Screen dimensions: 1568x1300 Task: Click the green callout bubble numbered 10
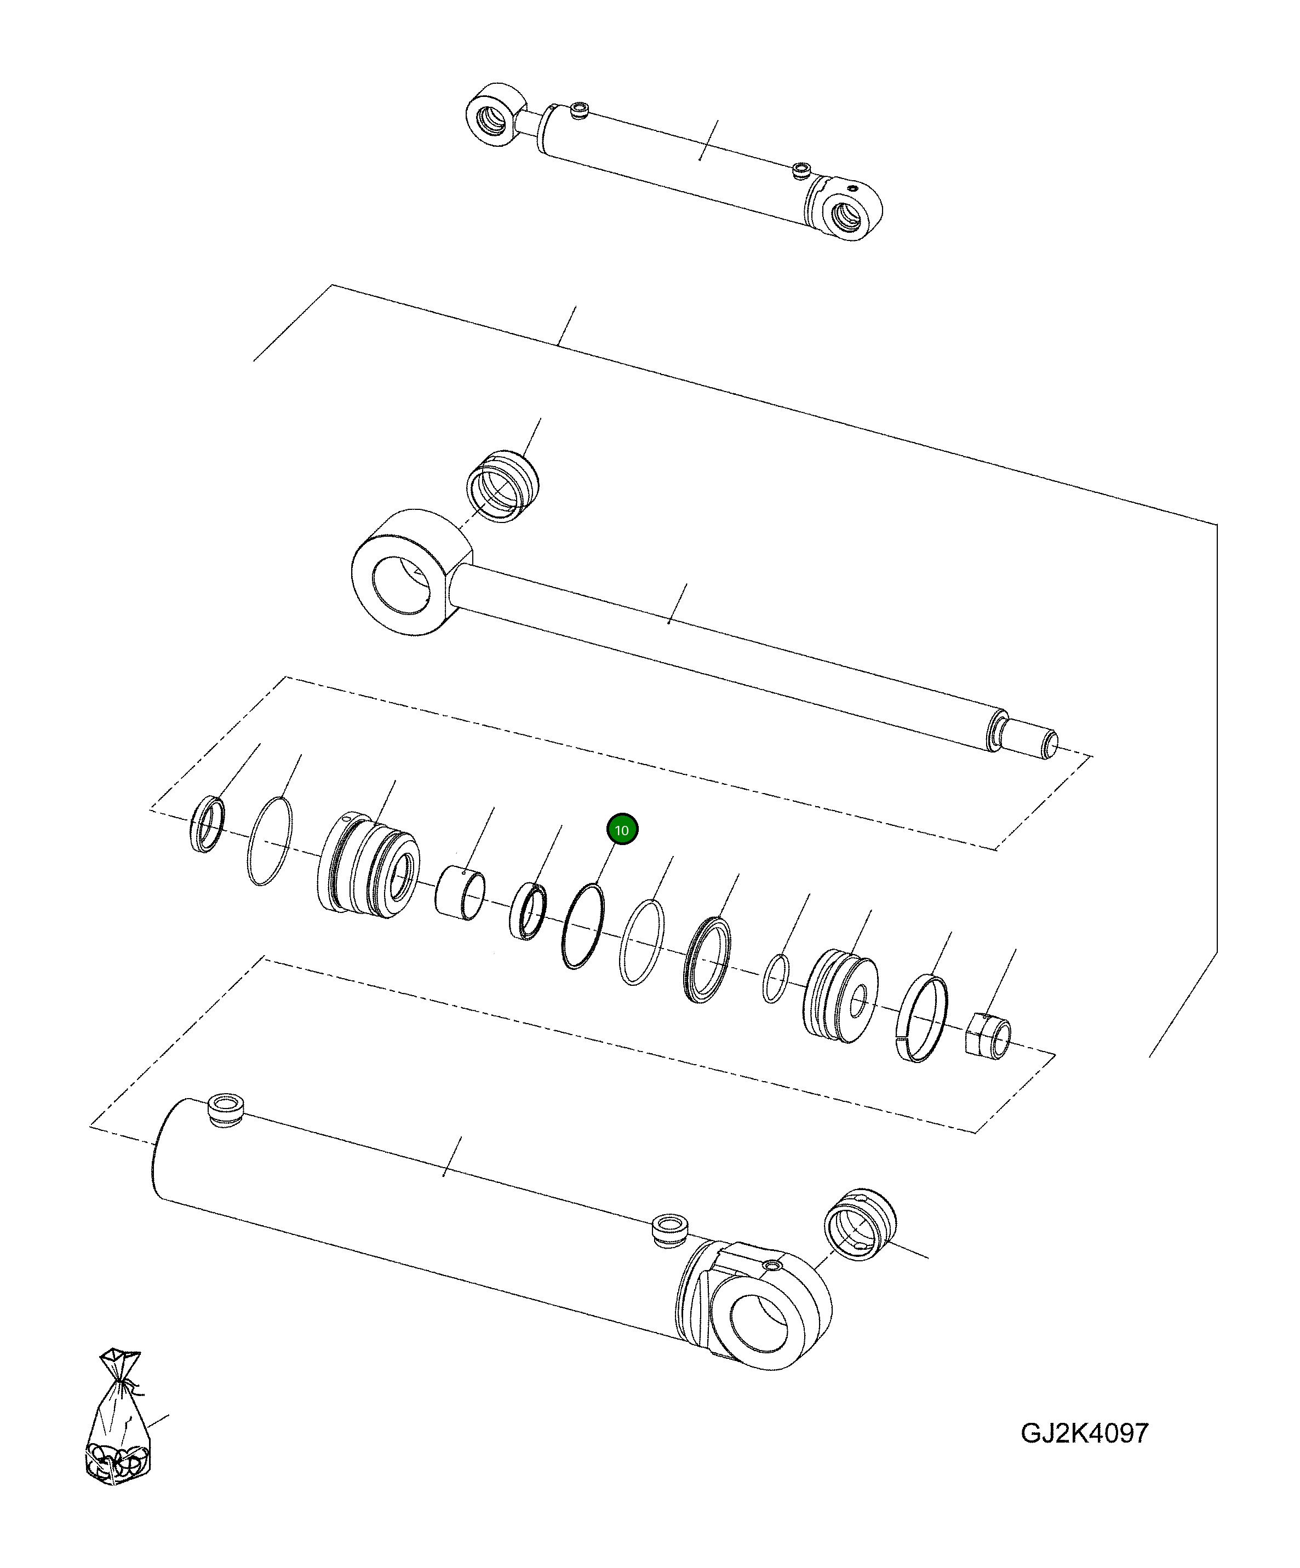(x=621, y=830)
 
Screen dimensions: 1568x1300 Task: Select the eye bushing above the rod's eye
(x=501, y=486)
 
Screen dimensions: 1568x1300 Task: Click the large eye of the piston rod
(x=403, y=573)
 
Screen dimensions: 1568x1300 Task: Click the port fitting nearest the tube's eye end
(x=669, y=1228)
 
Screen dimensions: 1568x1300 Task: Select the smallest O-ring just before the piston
(x=775, y=978)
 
